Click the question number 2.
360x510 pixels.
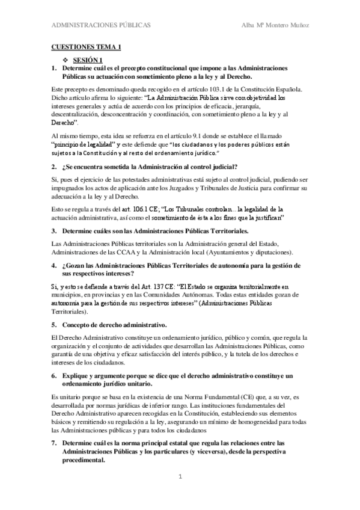click(x=54, y=166)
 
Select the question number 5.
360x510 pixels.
click(x=54, y=324)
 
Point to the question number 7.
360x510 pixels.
click(x=54, y=443)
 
